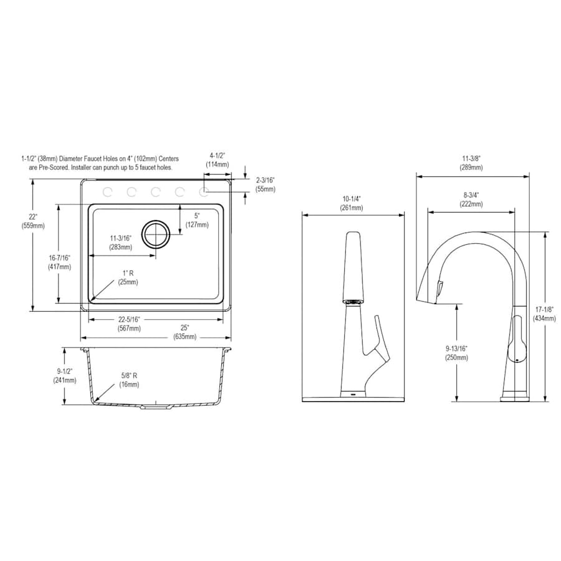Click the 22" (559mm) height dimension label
click(x=33, y=221)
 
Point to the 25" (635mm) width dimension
click(x=185, y=332)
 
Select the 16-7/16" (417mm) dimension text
click(x=59, y=262)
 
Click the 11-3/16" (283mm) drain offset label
click(x=120, y=242)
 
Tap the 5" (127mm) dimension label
click(x=197, y=220)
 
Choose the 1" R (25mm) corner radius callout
click(x=128, y=277)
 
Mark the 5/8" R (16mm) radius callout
click(x=129, y=380)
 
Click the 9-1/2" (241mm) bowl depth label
click(x=65, y=376)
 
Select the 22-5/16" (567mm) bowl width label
click(x=129, y=324)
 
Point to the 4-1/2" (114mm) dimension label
click(x=217, y=160)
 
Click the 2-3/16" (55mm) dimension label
click(x=266, y=185)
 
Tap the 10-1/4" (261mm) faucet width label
click(x=352, y=203)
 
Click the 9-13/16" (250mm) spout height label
click(x=456, y=353)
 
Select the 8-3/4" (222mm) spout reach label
click(x=471, y=199)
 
